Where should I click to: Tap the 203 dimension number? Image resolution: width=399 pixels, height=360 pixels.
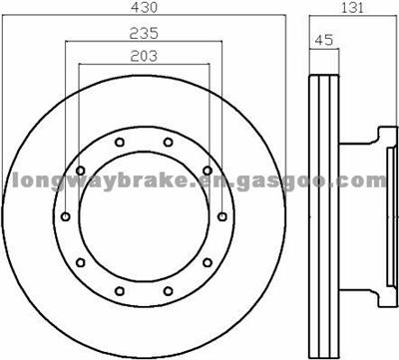143,57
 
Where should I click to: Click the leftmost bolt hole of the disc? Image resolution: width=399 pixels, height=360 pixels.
66,216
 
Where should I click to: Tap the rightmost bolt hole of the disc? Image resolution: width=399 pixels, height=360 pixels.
219,216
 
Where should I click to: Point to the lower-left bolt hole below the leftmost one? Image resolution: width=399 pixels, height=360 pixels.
79,262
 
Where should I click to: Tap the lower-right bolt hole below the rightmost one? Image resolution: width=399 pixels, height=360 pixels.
206,262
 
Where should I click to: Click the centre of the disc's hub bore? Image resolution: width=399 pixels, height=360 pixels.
143,217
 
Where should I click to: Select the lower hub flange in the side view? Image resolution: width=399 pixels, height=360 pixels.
377,293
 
